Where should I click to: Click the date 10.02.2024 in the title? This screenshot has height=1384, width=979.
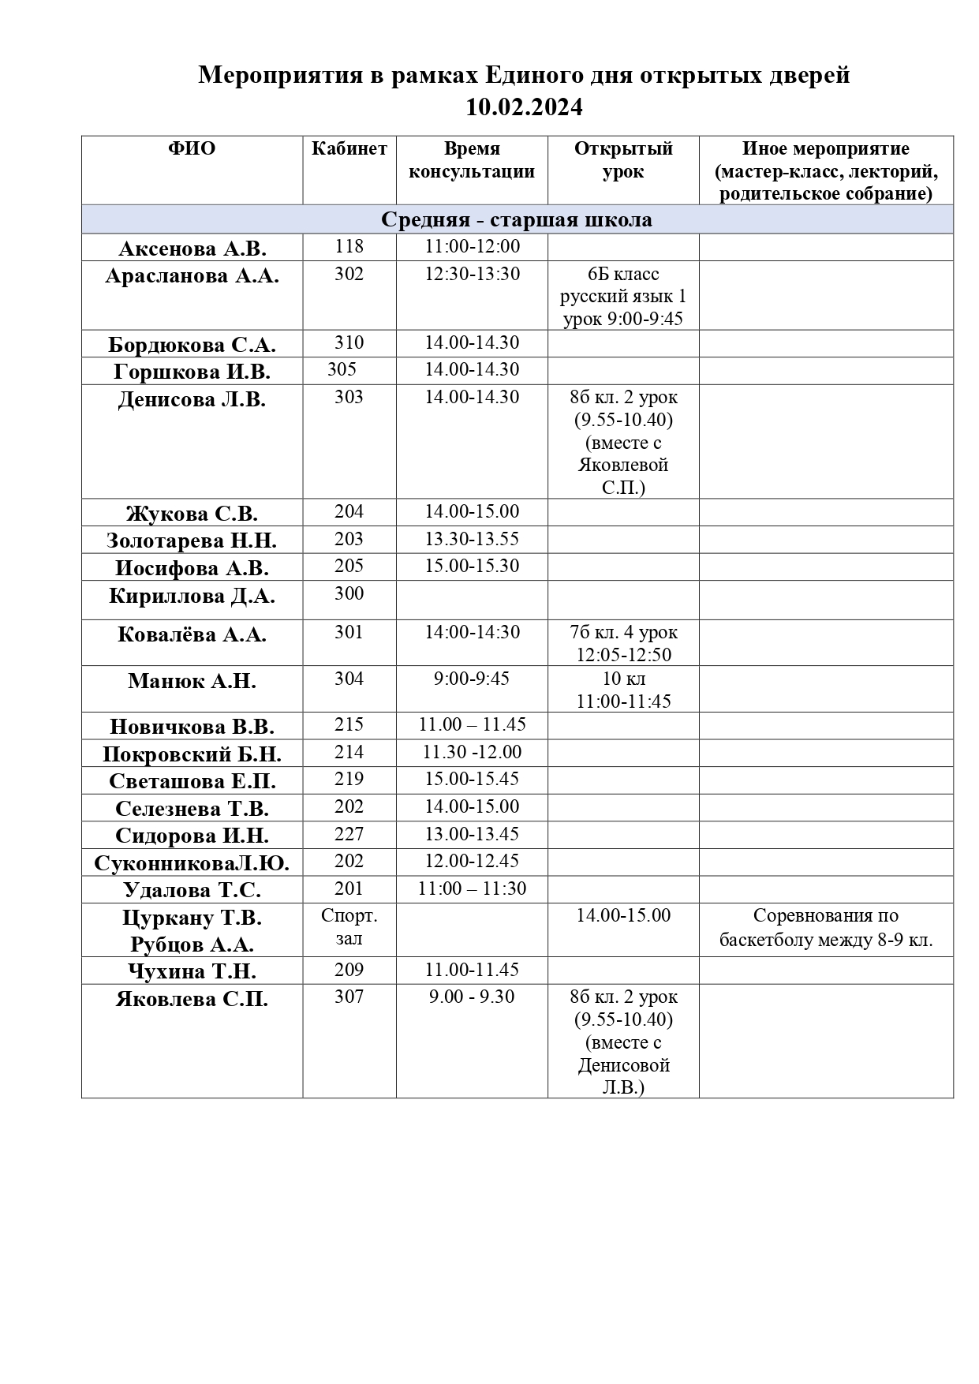click(x=524, y=107)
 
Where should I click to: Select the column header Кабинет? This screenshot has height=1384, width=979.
click(x=349, y=148)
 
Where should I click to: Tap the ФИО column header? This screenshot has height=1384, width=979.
click(x=192, y=148)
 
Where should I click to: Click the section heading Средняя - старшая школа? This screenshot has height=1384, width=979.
click(x=517, y=219)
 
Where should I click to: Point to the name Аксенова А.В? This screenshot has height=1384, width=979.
click(x=192, y=249)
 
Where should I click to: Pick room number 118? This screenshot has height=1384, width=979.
click(x=349, y=246)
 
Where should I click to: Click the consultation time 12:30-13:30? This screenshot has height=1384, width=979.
click(x=472, y=274)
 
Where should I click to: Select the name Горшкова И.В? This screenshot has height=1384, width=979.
click(x=192, y=372)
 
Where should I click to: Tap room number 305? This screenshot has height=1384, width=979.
click(x=342, y=369)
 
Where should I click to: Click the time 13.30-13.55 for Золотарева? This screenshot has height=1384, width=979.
click(x=472, y=539)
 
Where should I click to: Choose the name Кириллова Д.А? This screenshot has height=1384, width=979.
click(x=192, y=596)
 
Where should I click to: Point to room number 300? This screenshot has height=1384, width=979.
click(x=349, y=593)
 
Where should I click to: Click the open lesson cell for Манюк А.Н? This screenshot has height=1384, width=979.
click(x=623, y=690)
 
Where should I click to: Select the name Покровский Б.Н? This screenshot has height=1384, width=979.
click(x=192, y=754)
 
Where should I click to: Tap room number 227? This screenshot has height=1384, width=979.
click(x=349, y=834)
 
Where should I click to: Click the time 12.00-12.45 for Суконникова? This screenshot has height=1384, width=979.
click(x=472, y=861)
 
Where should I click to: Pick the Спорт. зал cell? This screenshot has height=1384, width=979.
click(x=349, y=927)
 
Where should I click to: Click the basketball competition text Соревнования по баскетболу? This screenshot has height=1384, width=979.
click(x=826, y=928)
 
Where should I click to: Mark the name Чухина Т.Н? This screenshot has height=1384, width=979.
click(x=192, y=971)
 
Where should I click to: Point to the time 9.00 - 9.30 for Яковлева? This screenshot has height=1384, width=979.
click(x=472, y=997)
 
